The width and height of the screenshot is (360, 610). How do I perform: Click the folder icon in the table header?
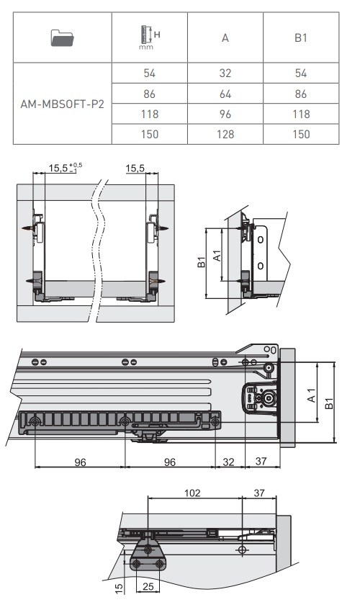tap(62, 37)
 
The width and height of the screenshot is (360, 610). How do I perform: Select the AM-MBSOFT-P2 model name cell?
tap(62, 104)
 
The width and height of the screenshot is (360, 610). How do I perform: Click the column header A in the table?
tap(225, 38)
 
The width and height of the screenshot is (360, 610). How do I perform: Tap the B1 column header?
tap(301, 37)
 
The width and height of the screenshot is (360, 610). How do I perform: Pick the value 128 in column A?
tap(225, 134)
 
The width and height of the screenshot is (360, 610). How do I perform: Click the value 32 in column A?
tap(225, 73)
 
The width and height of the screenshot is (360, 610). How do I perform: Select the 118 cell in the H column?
tap(150, 114)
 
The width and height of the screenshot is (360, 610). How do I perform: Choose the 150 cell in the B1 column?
tap(301, 134)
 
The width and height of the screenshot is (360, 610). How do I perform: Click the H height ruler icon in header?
tap(149, 37)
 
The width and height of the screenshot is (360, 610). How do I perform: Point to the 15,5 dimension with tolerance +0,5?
tap(65, 168)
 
